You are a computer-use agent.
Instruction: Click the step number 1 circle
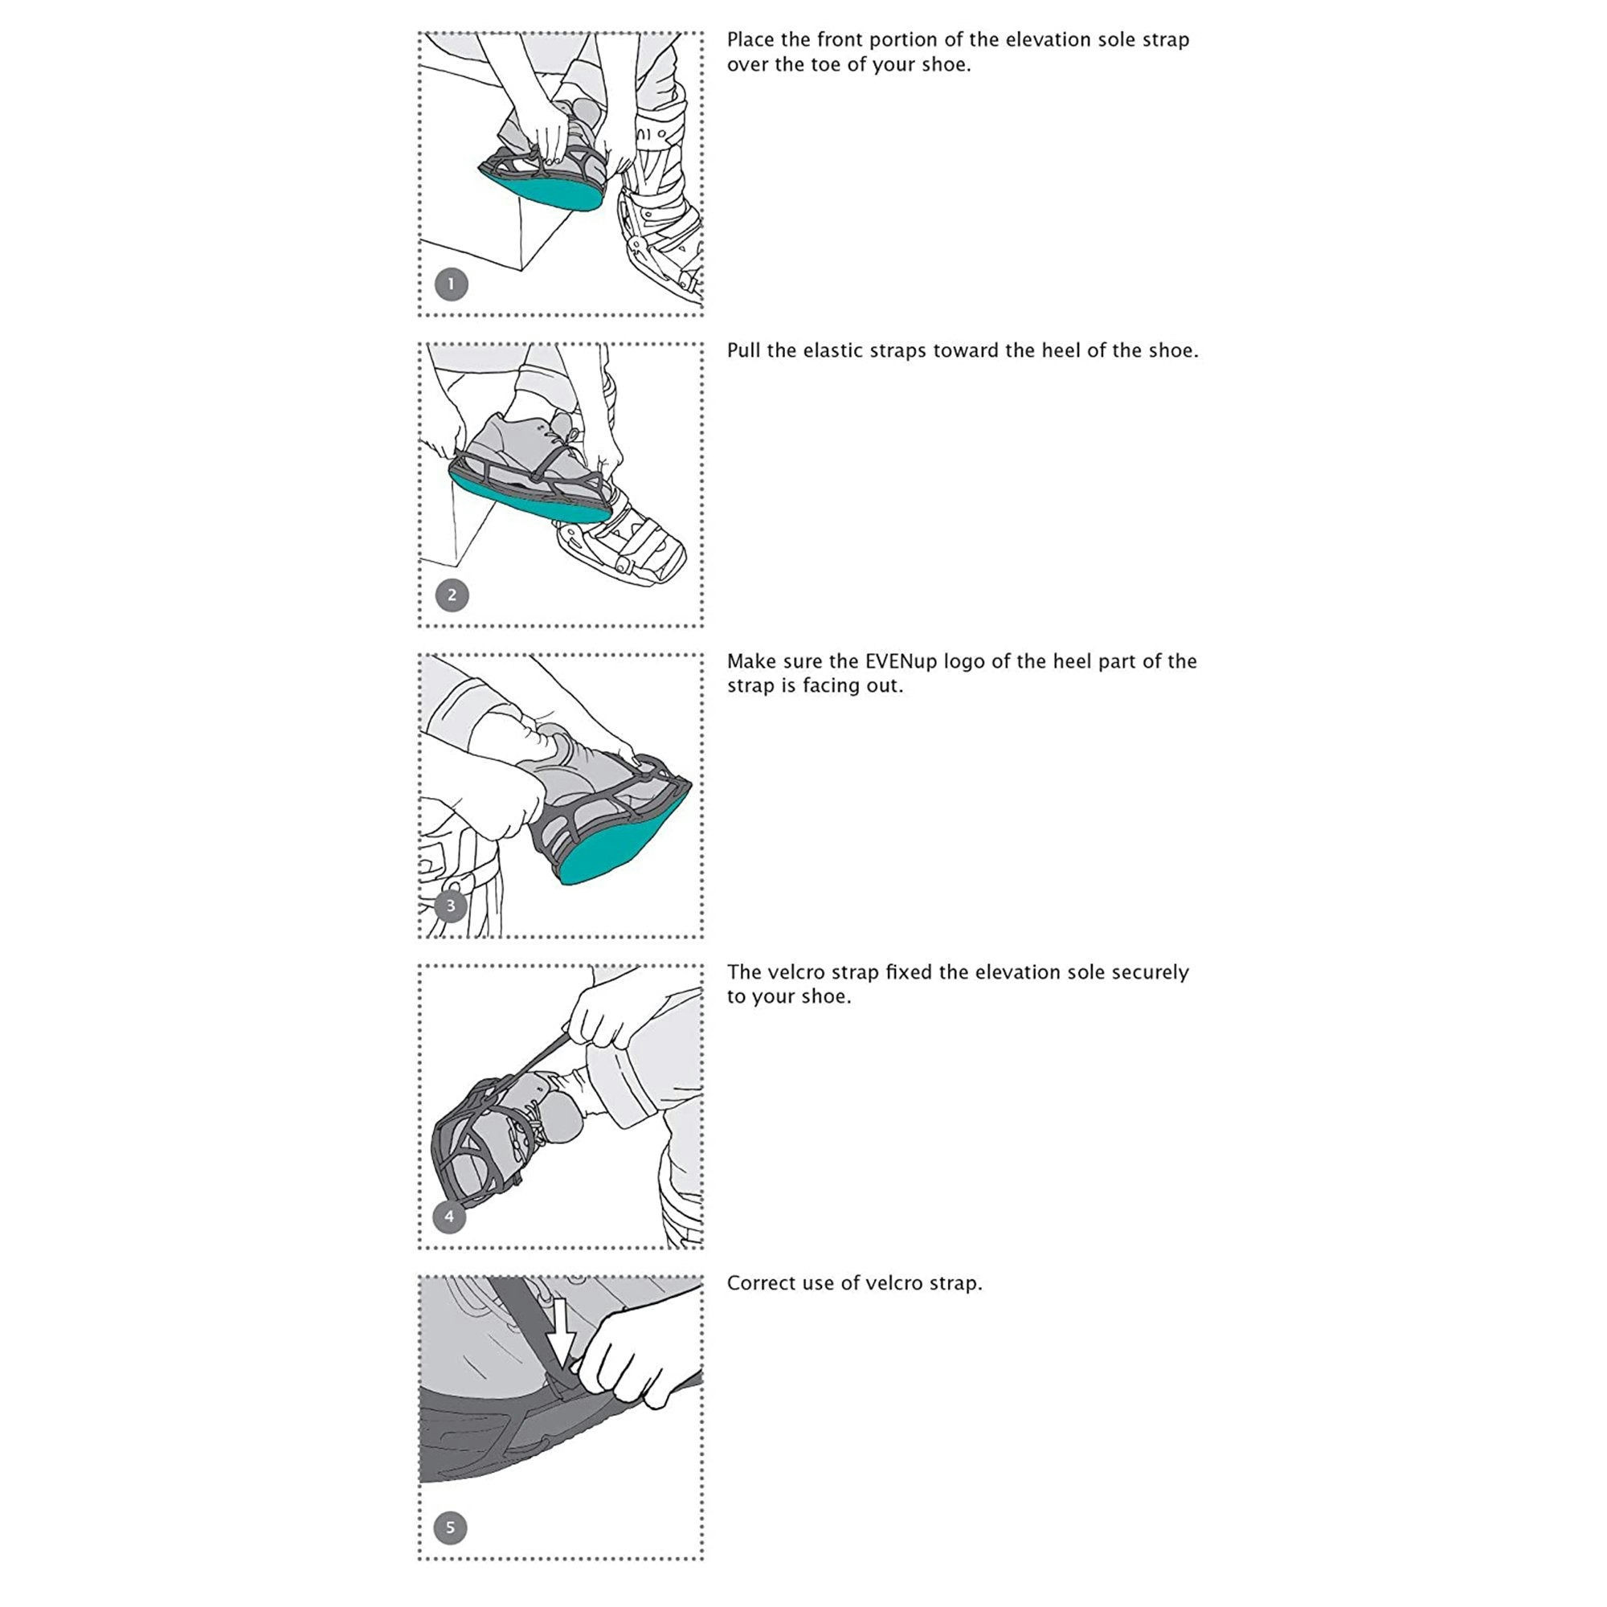[452, 284]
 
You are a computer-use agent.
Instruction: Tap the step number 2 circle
[452, 595]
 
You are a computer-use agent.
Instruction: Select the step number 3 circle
[451, 906]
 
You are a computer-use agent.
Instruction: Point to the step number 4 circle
[449, 1216]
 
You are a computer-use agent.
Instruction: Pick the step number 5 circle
[450, 1527]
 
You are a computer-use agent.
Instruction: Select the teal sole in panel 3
[624, 840]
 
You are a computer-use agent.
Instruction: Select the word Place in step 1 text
[751, 40]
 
